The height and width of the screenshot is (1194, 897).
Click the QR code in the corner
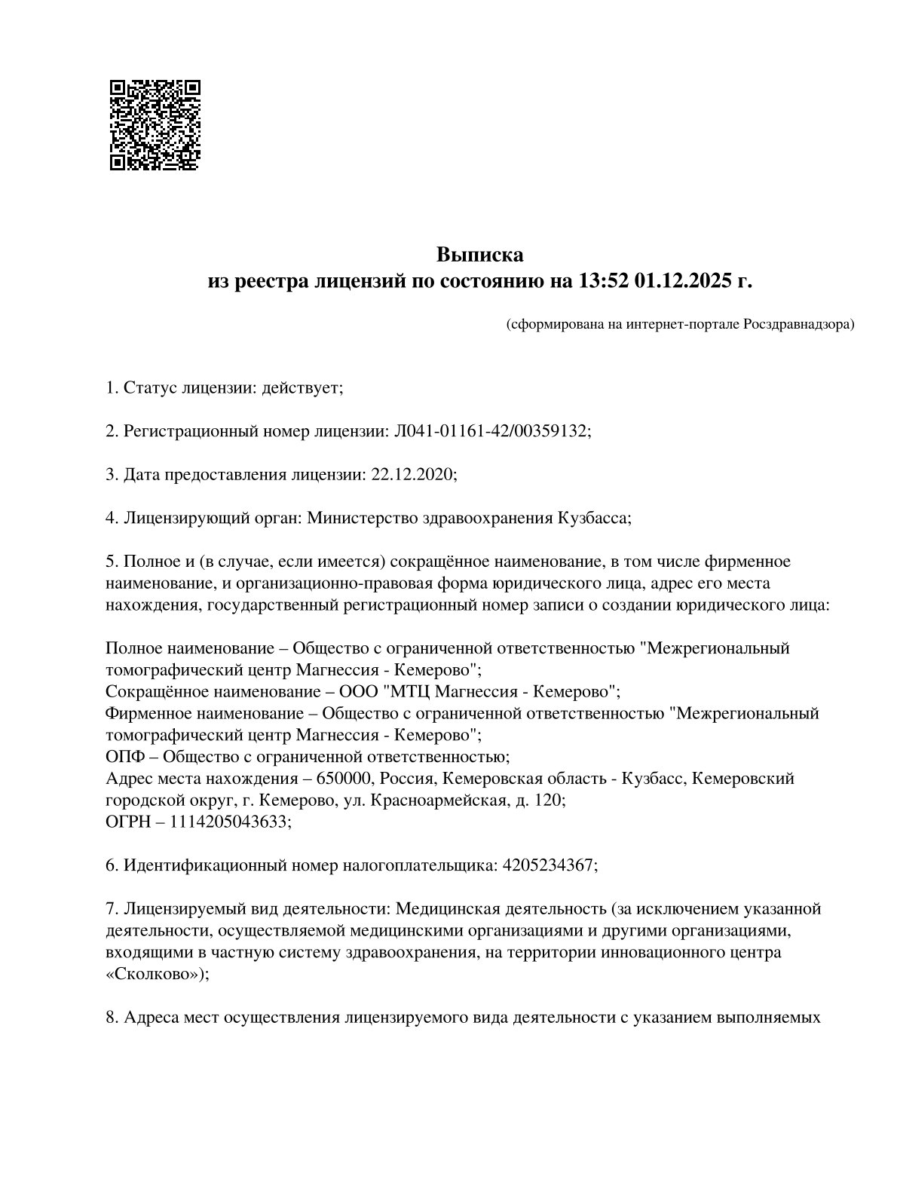[155, 124]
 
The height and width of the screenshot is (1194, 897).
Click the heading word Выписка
[479, 255]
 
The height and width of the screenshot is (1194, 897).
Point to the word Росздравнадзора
[799, 325]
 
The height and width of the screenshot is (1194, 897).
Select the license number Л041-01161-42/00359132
[491, 431]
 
